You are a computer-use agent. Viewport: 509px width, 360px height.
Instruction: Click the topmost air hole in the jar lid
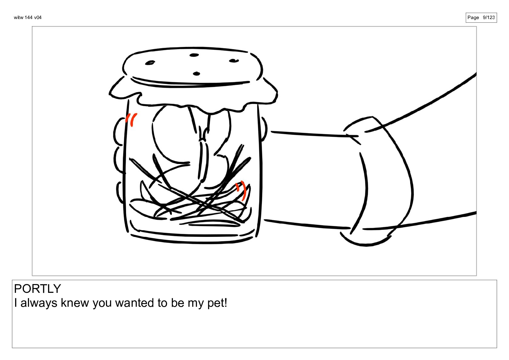(194, 55)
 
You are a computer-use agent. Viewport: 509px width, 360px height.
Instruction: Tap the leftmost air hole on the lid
(150, 63)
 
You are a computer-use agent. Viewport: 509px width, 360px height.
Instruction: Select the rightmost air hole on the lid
(234, 61)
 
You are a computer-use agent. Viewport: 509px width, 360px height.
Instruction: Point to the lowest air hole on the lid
(196, 74)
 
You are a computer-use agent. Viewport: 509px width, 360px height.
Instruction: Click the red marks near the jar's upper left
(131, 119)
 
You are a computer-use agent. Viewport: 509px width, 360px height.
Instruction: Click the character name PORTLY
(37, 289)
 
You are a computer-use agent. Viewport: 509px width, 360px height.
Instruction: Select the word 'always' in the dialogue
(39, 303)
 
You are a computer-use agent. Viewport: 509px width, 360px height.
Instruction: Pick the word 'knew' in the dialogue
(75, 303)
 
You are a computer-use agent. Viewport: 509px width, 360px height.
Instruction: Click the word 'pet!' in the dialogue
(217, 303)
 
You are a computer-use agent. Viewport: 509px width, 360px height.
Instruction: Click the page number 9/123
(489, 18)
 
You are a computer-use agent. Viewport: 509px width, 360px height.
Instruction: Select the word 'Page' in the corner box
(473, 18)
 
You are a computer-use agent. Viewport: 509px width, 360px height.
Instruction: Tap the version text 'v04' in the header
(38, 18)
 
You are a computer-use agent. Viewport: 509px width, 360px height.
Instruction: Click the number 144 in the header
(29, 18)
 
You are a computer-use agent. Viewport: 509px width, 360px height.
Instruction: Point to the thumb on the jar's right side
(264, 129)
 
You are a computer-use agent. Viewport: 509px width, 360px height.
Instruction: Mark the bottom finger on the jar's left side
(120, 192)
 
